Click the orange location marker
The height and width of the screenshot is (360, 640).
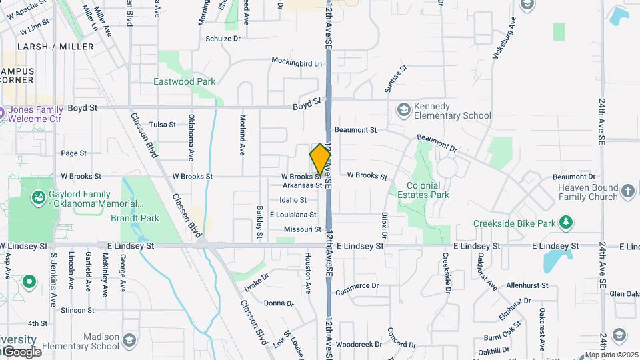click(320, 159)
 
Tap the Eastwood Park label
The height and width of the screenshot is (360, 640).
click(184, 81)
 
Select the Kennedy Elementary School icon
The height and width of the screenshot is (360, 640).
click(403, 109)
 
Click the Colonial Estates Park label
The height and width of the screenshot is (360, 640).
click(423, 190)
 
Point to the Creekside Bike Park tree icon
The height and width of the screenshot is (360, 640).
click(565, 221)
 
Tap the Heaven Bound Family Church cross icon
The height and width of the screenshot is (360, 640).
click(627, 192)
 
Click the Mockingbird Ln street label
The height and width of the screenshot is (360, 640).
click(297, 61)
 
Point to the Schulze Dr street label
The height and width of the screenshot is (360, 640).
click(223, 39)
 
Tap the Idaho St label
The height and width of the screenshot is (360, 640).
click(293, 200)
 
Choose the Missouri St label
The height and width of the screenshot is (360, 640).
click(303, 229)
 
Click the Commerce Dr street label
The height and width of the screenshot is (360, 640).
click(357, 289)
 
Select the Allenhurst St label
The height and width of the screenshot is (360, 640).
click(527, 285)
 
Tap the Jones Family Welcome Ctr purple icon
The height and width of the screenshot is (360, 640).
click(2, 113)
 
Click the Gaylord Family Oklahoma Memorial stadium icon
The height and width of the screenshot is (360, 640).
click(37, 197)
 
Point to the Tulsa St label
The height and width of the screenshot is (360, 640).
click(162, 125)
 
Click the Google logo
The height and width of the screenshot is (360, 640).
click(21, 352)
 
